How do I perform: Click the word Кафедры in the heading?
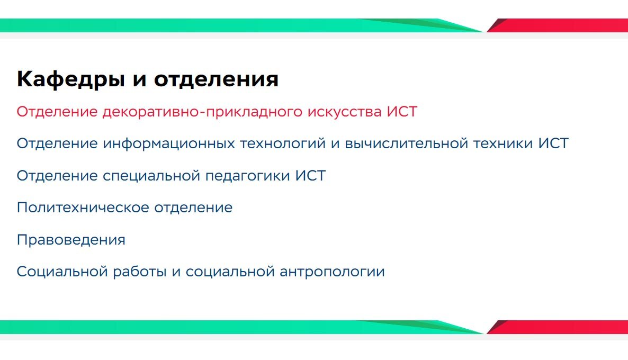pos(71,79)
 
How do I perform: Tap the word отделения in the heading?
pos(216,79)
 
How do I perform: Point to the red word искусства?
pos(344,112)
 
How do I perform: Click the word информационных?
pos(169,144)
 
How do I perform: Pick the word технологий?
pos(283,144)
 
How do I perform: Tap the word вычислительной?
pos(407,143)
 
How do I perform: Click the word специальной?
pos(151,176)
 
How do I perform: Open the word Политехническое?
pos(83,208)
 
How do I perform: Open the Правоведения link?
pos(71,240)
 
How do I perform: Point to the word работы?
pos(139,272)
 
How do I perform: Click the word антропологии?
pos(332,272)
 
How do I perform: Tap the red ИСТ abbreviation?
pos(402,111)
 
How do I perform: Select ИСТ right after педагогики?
pos(310,175)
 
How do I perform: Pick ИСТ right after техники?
pos(553,143)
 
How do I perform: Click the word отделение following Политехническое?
pos(193,208)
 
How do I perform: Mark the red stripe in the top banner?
pos(557,25)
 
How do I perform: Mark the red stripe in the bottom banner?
pos(557,327)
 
